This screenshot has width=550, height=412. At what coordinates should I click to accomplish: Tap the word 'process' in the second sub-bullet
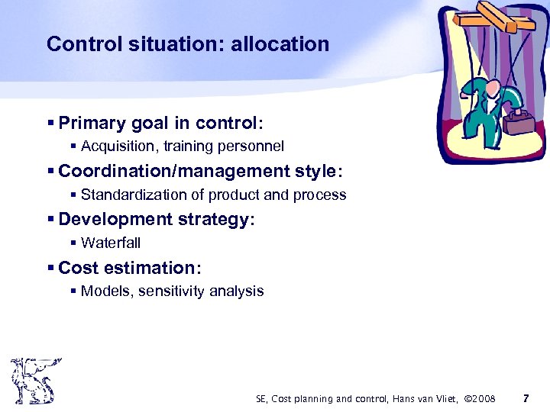(x=322, y=195)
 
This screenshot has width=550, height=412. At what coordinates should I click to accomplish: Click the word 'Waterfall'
(x=111, y=243)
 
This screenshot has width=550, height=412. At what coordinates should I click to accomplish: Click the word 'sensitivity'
(x=173, y=291)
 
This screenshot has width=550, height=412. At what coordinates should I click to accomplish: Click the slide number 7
(x=525, y=398)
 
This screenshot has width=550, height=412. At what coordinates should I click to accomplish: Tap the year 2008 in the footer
(x=481, y=398)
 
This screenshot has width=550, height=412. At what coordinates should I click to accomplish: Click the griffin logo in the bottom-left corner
(x=34, y=381)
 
